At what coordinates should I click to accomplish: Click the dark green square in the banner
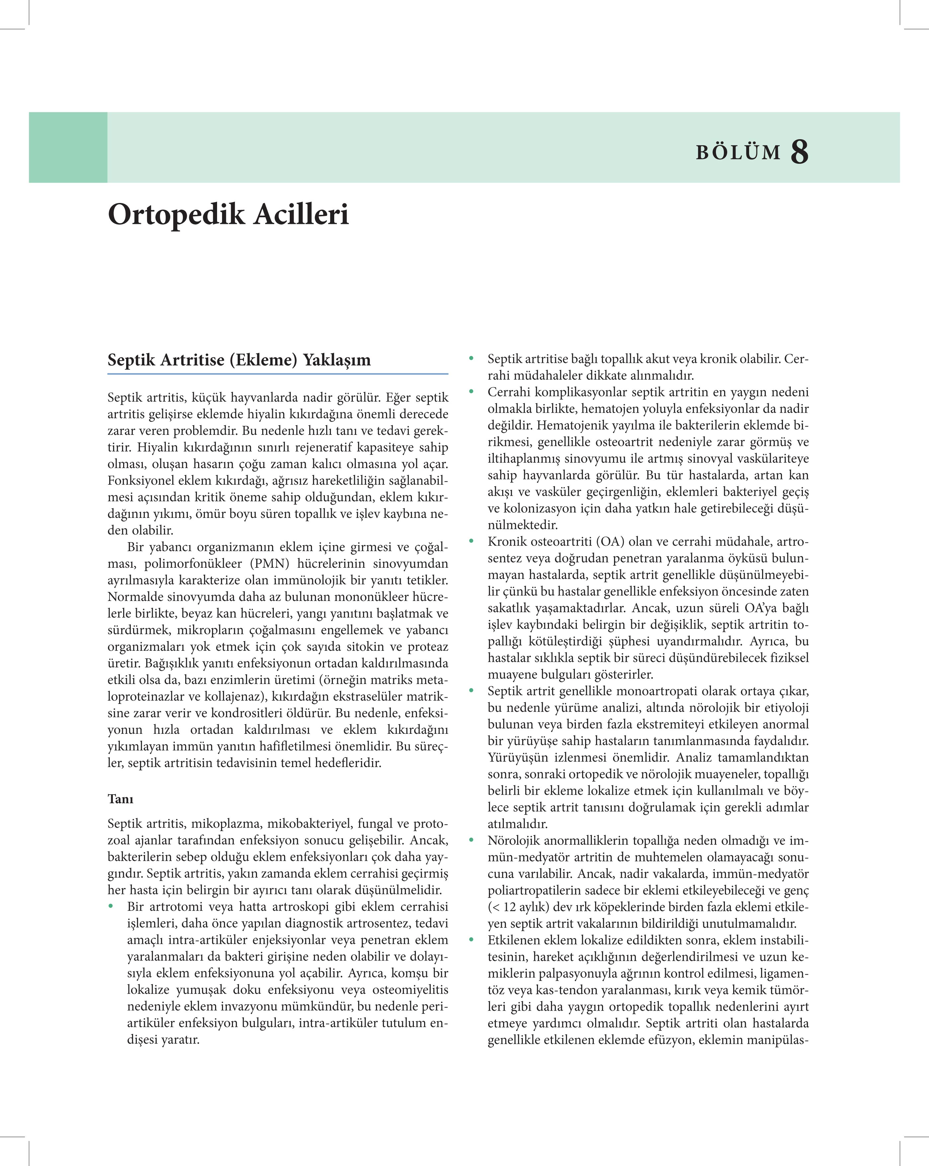[x=68, y=147]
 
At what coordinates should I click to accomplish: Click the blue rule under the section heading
[x=278, y=374]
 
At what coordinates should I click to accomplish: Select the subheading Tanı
[x=120, y=799]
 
